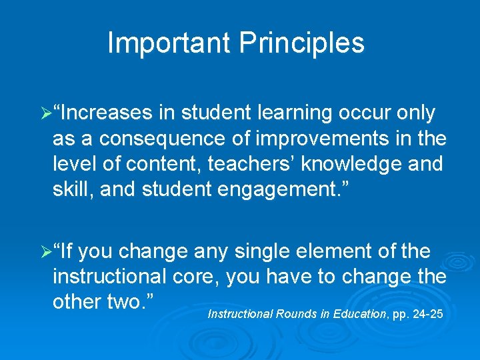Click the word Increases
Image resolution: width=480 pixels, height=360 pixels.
click(107, 113)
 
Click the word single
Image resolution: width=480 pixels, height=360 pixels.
click(258, 252)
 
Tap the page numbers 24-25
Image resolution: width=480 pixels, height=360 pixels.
click(427, 313)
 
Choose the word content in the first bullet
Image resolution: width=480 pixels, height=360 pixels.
click(145, 164)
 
